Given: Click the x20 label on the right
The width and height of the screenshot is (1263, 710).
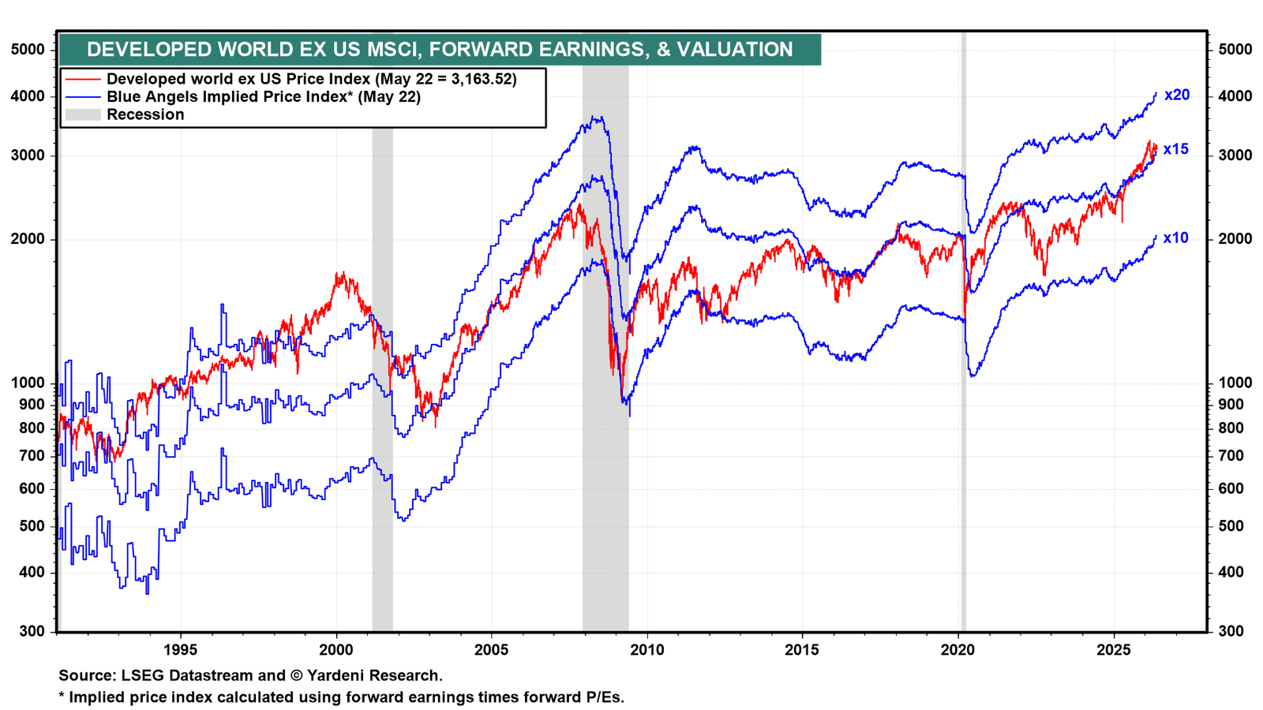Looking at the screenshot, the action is pyautogui.click(x=1177, y=95).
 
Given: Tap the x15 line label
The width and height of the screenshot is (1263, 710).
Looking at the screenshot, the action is pyautogui.click(x=1175, y=149).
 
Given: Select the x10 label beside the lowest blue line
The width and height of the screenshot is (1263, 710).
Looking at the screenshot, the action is pyautogui.click(x=1175, y=237).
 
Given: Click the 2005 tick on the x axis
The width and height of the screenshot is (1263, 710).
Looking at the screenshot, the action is pyautogui.click(x=491, y=650).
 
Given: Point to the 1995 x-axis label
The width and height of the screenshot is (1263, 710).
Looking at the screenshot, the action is pyautogui.click(x=181, y=650).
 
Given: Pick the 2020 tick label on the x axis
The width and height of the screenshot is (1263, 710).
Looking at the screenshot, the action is pyautogui.click(x=958, y=650).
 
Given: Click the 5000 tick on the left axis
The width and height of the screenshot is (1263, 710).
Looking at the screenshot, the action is pyautogui.click(x=28, y=50).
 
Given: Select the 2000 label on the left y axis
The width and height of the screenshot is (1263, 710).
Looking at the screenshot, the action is pyautogui.click(x=28, y=239).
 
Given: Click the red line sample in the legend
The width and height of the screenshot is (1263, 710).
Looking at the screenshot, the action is pyautogui.click(x=83, y=79).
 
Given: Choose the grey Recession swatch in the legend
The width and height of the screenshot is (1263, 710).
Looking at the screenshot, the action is pyautogui.click(x=83, y=114).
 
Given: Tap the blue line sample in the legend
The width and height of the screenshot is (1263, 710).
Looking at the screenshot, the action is pyautogui.click(x=83, y=97).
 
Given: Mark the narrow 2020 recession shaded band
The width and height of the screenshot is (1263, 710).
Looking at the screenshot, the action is pyautogui.click(x=963, y=331).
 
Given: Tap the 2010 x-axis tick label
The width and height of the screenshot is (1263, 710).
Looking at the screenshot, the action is pyautogui.click(x=647, y=650).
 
